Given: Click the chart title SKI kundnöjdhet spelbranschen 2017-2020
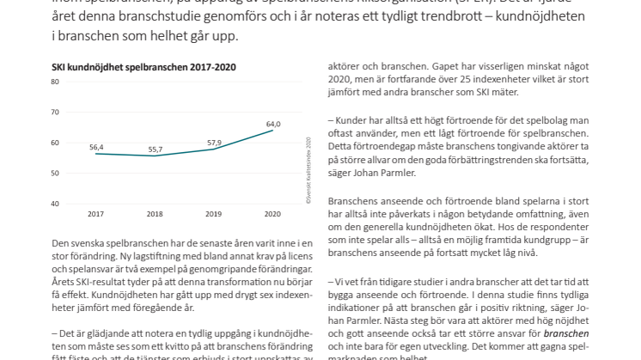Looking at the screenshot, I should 144,66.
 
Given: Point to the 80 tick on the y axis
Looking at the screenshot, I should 54,82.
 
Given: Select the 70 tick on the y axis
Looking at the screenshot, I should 54,113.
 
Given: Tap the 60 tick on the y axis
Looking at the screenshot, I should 54,143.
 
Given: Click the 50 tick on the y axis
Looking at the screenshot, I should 54,174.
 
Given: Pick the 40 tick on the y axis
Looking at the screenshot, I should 54,204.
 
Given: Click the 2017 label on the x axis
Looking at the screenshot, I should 96,213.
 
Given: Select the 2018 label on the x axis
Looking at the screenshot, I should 156,213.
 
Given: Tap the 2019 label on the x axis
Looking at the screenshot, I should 215,213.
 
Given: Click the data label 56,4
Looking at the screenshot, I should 96,147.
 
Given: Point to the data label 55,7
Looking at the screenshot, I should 156,149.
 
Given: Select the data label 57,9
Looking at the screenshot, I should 215,142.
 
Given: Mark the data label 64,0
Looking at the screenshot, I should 274,123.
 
